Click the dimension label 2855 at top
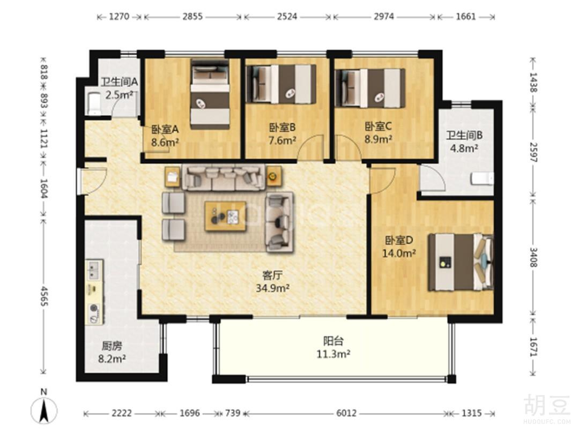pyautogui.click(x=192, y=17)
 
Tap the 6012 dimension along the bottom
pyautogui.click(x=346, y=413)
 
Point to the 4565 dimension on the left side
pyautogui.click(x=44, y=296)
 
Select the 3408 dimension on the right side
pyautogui.click(x=533, y=257)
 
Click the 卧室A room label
pyautogui.click(x=165, y=129)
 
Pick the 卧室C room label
pyautogui.click(x=378, y=126)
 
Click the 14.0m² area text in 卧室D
pyautogui.click(x=399, y=253)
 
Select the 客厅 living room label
pyautogui.click(x=272, y=275)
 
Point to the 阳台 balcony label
pyautogui.click(x=333, y=341)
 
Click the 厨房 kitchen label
pyautogui.click(x=112, y=346)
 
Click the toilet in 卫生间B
pyautogui.click(x=482, y=179)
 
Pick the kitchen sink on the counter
pyautogui.click(x=94, y=270)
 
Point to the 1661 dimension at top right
pyautogui.click(x=466, y=17)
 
